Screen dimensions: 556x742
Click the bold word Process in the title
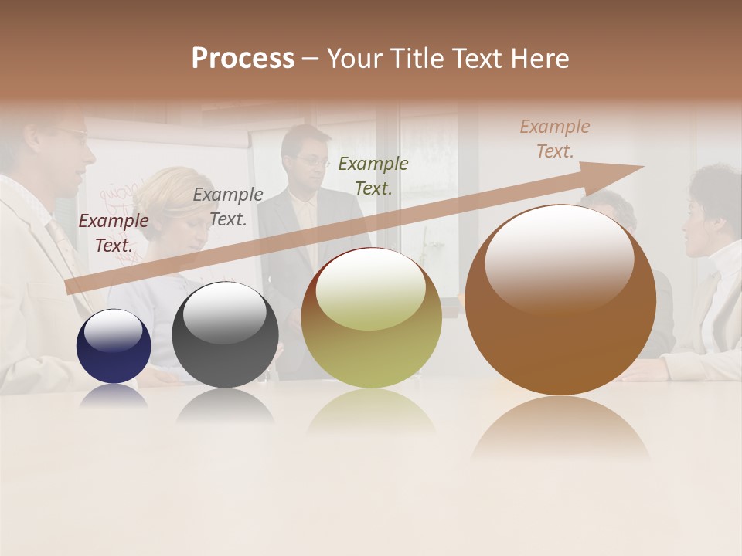point(243,59)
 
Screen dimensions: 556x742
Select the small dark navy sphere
point(114,347)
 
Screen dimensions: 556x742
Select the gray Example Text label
point(227,207)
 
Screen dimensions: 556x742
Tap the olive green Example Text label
point(373,175)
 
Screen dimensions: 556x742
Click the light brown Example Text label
point(554,139)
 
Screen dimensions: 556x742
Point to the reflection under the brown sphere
point(560,429)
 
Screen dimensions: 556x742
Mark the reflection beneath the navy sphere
point(114,395)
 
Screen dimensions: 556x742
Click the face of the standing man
point(309,162)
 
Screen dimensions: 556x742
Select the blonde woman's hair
point(166,185)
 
